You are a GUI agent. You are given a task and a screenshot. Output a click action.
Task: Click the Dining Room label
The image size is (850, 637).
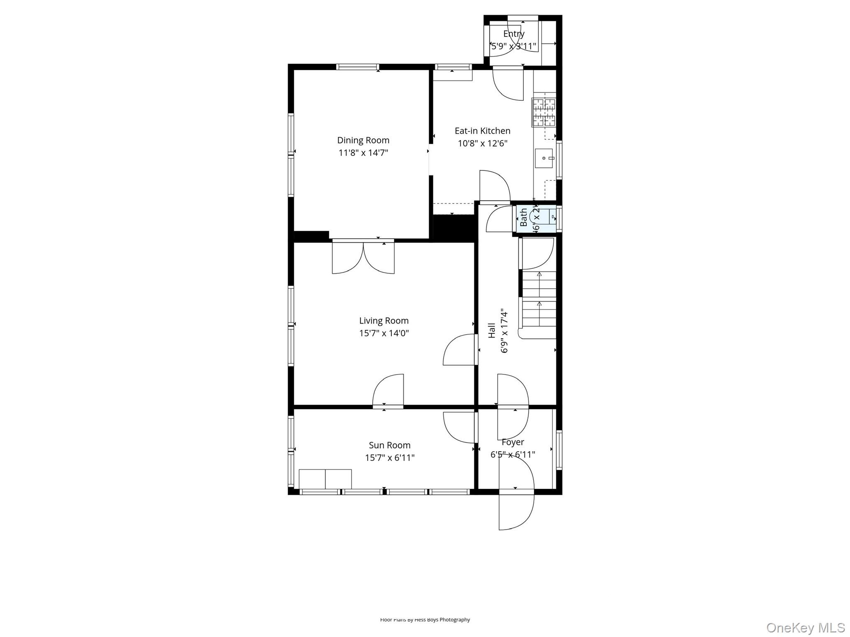pyautogui.click(x=363, y=140)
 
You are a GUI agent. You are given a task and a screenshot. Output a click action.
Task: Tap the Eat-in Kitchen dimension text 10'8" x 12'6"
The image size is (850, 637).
pyautogui.click(x=483, y=143)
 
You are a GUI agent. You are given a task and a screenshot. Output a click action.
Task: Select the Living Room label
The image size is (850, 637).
pyautogui.click(x=384, y=321)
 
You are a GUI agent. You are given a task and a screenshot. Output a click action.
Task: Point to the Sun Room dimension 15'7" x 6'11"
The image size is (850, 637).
pyautogui.click(x=390, y=458)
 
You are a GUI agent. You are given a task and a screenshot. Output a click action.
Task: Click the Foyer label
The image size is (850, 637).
pyautogui.click(x=513, y=442)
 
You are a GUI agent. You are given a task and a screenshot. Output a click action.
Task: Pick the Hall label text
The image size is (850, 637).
pyautogui.click(x=492, y=331)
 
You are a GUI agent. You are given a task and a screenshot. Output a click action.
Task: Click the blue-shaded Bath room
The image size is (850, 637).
pyautogui.click(x=536, y=219)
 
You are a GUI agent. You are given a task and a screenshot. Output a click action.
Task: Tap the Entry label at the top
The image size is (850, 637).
pyautogui.click(x=514, y=34)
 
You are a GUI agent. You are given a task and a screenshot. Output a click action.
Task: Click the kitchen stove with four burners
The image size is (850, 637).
pyautogui.click(x=544, y=112)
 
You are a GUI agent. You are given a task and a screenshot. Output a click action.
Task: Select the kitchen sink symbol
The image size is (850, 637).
pyautogui.click(x=544, y=158)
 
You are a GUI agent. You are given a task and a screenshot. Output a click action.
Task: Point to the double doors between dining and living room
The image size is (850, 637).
pyautogui.click(x=363, y=257)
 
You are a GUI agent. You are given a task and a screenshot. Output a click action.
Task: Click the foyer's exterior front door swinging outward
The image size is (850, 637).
pyautogui.click(x=516, y=510)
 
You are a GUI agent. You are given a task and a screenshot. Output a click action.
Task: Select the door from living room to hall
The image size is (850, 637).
pyautogui.click(x=459, y=350)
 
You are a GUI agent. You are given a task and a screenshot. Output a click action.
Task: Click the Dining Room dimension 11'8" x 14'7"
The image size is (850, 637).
pyautogui.click(x=363, y=153)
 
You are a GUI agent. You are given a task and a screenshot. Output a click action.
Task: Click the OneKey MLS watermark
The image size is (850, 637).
pyautogui.click(x=805, y=627)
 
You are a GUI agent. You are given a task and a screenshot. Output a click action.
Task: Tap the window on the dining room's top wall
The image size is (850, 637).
pyautogui.click(x=357, y=67)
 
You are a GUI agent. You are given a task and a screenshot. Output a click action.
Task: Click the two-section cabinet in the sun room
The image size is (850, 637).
pyautogui.click(x=325, y=479)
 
